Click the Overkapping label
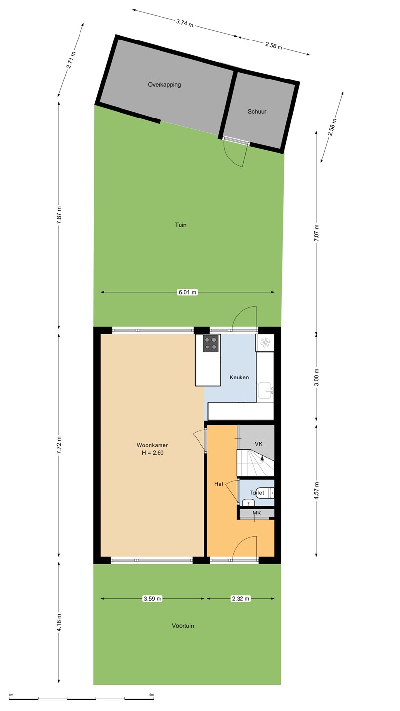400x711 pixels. pos(164,85)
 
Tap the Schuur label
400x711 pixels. pos(257,112)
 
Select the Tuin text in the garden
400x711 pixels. pos(181,225)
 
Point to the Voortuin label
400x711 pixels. pos(183,626)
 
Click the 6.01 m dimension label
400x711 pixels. pos(187,292)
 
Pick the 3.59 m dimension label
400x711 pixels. pos(153,598)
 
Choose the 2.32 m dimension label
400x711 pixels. pos(240,598)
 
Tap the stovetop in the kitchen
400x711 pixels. pos(211,344)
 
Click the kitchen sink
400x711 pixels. pos(265,391)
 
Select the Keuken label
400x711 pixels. pos(240,377)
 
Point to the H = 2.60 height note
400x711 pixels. pos(153,453)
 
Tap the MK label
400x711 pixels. pos(256,513)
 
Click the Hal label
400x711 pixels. pos(219,484)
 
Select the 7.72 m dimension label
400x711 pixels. pos(59,446)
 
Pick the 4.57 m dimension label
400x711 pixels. pos(316,491)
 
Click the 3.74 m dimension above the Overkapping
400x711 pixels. pos(185,23)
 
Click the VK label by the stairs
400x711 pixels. pos(259,444)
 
